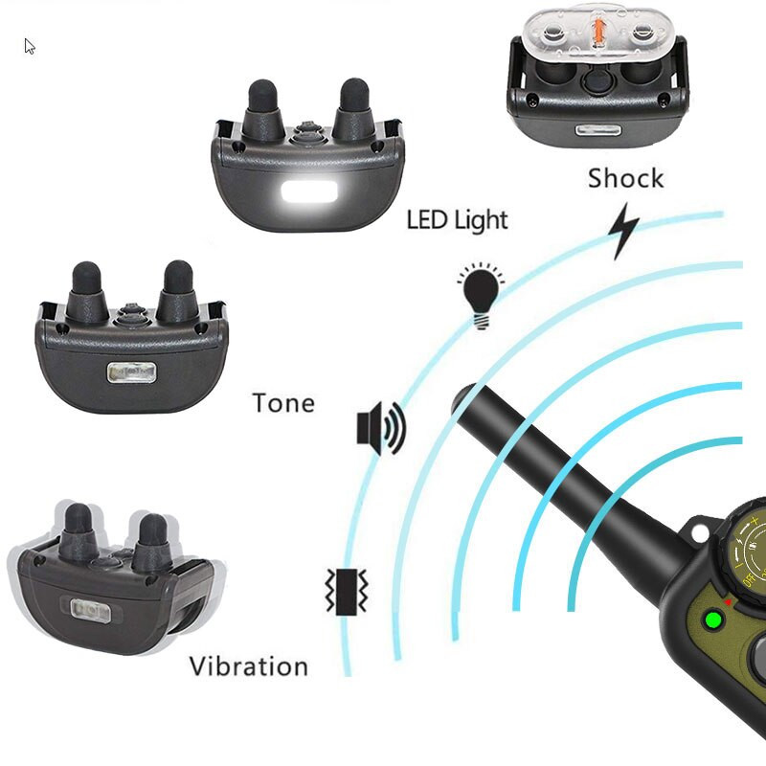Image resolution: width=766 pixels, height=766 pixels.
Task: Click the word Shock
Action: click(626, 178)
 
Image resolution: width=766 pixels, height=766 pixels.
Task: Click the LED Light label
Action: click(458, 219)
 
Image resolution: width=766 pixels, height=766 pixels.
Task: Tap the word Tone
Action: click(283, 403)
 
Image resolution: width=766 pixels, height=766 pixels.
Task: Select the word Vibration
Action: click(249, 666)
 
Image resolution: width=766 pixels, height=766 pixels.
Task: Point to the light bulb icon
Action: click(482, 296)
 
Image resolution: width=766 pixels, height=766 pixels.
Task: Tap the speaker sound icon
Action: click(381, 428)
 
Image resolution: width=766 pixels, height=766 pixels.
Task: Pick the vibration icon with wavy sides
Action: click(347, 591)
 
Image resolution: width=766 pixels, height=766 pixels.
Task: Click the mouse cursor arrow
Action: click(30, 46)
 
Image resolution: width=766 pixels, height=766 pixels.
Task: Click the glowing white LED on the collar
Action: click(309, 192)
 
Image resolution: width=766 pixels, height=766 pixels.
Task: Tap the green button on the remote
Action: click(713, 620)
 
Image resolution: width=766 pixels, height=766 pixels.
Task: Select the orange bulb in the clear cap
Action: click(597, 32)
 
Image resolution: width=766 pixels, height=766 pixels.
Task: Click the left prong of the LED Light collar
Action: click(263, 108)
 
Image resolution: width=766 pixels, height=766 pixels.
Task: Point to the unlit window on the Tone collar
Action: click(131, 372)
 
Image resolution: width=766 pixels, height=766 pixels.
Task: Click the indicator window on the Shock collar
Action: click(597, 131)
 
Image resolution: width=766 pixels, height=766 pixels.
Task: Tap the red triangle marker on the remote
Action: click(728, 602)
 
